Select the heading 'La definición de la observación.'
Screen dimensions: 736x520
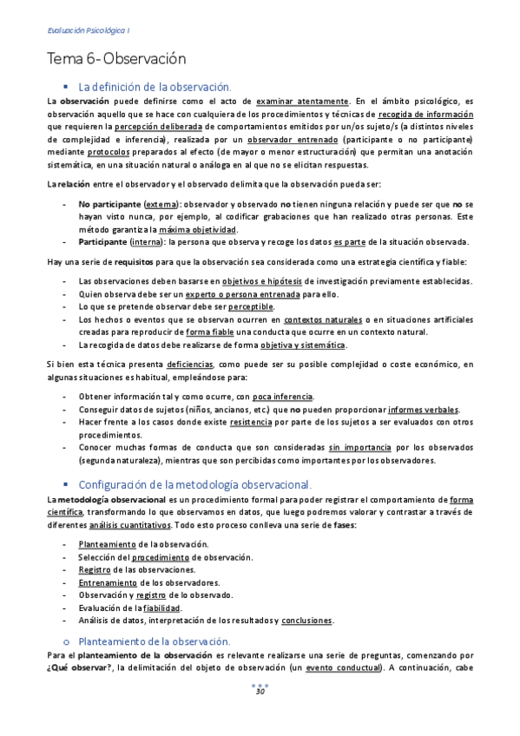point(155,87)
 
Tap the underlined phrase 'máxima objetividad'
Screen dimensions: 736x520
point(198,229)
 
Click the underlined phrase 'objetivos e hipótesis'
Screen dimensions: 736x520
point(267,281)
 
